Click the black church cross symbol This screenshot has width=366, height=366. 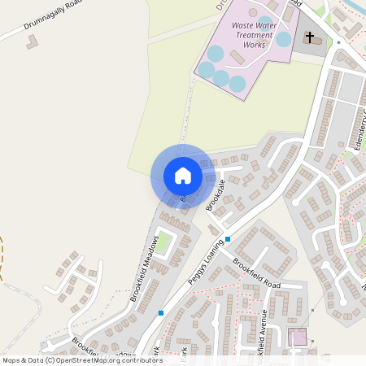pyautogui.click(x=309, y=37)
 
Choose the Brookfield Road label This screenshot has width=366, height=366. pyautogui.click(x=255, y=274)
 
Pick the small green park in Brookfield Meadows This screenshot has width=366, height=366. pyautogui.click(x=164, y=242)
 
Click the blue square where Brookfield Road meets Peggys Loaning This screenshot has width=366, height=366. pyautogui.click(x=229, y=239)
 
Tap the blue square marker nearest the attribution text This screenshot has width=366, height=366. pyautogui.click(x=162, y=313)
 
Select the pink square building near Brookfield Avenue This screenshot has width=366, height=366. pyautogui.click(x=298, y=337)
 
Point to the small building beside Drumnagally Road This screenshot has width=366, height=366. pyautogui.click(x=32, y=41)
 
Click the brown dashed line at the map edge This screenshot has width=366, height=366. pyautogui.click(x=2, y=259)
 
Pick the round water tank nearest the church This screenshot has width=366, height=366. pyautogui.click(x=283, y=39)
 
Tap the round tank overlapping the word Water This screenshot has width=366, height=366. pyautogui.click(x=266, y=24)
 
